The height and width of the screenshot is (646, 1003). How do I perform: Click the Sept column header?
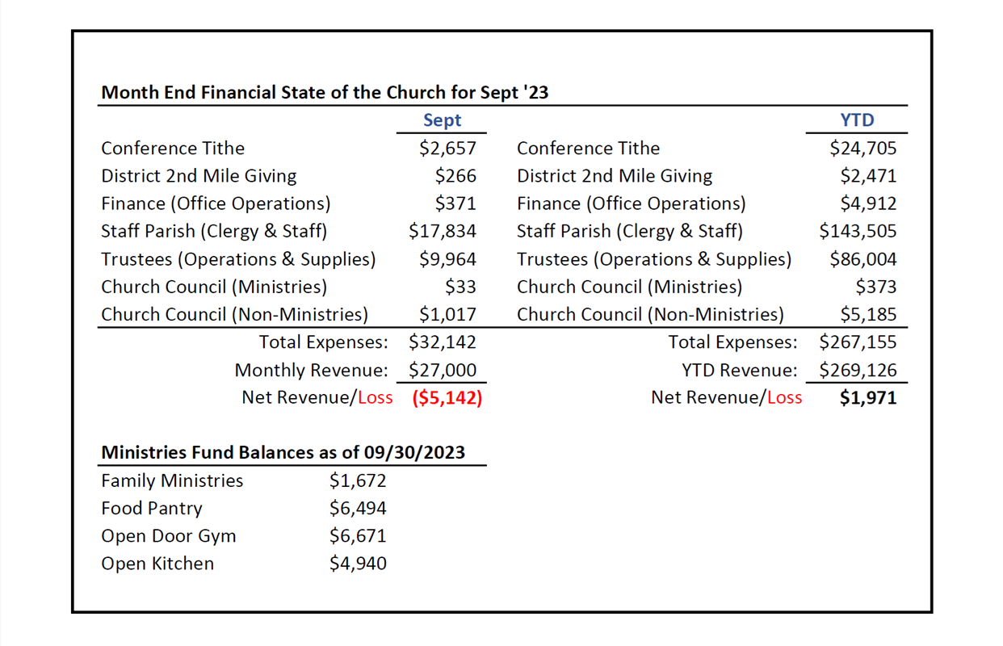coord(442,120)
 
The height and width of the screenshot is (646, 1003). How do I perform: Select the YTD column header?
coord(857,120)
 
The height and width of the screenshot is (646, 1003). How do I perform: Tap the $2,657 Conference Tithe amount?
coord(447,149)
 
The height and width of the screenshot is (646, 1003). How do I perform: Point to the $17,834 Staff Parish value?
coord(443,232)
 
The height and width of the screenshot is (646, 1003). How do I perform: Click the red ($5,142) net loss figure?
coord(447,398)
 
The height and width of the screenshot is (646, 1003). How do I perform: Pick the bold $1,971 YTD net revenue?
coord(868,398)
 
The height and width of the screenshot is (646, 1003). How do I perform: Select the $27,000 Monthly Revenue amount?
coord(443,371)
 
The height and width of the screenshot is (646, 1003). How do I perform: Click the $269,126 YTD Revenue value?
coord(858,371)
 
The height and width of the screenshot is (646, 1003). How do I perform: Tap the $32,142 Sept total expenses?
coord(443,342)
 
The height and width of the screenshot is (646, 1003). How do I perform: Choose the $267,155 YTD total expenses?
coord(858,342)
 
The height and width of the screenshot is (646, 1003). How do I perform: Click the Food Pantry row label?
coord(152,509)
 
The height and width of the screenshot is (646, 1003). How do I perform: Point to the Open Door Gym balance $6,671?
coord(358,536)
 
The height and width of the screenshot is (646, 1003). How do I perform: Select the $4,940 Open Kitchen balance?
coord(358,564)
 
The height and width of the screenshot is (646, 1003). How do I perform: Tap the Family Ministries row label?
coord(172,481)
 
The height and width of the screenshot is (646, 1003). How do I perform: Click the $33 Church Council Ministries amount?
coord(460,287)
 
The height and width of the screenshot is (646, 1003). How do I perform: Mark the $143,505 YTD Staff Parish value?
coord(858,232)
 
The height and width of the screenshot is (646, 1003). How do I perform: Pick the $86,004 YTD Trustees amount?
coord(863,260)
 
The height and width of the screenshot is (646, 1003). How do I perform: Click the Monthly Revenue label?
coord(311,371)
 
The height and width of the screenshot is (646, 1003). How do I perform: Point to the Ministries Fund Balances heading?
coord(283,452)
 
